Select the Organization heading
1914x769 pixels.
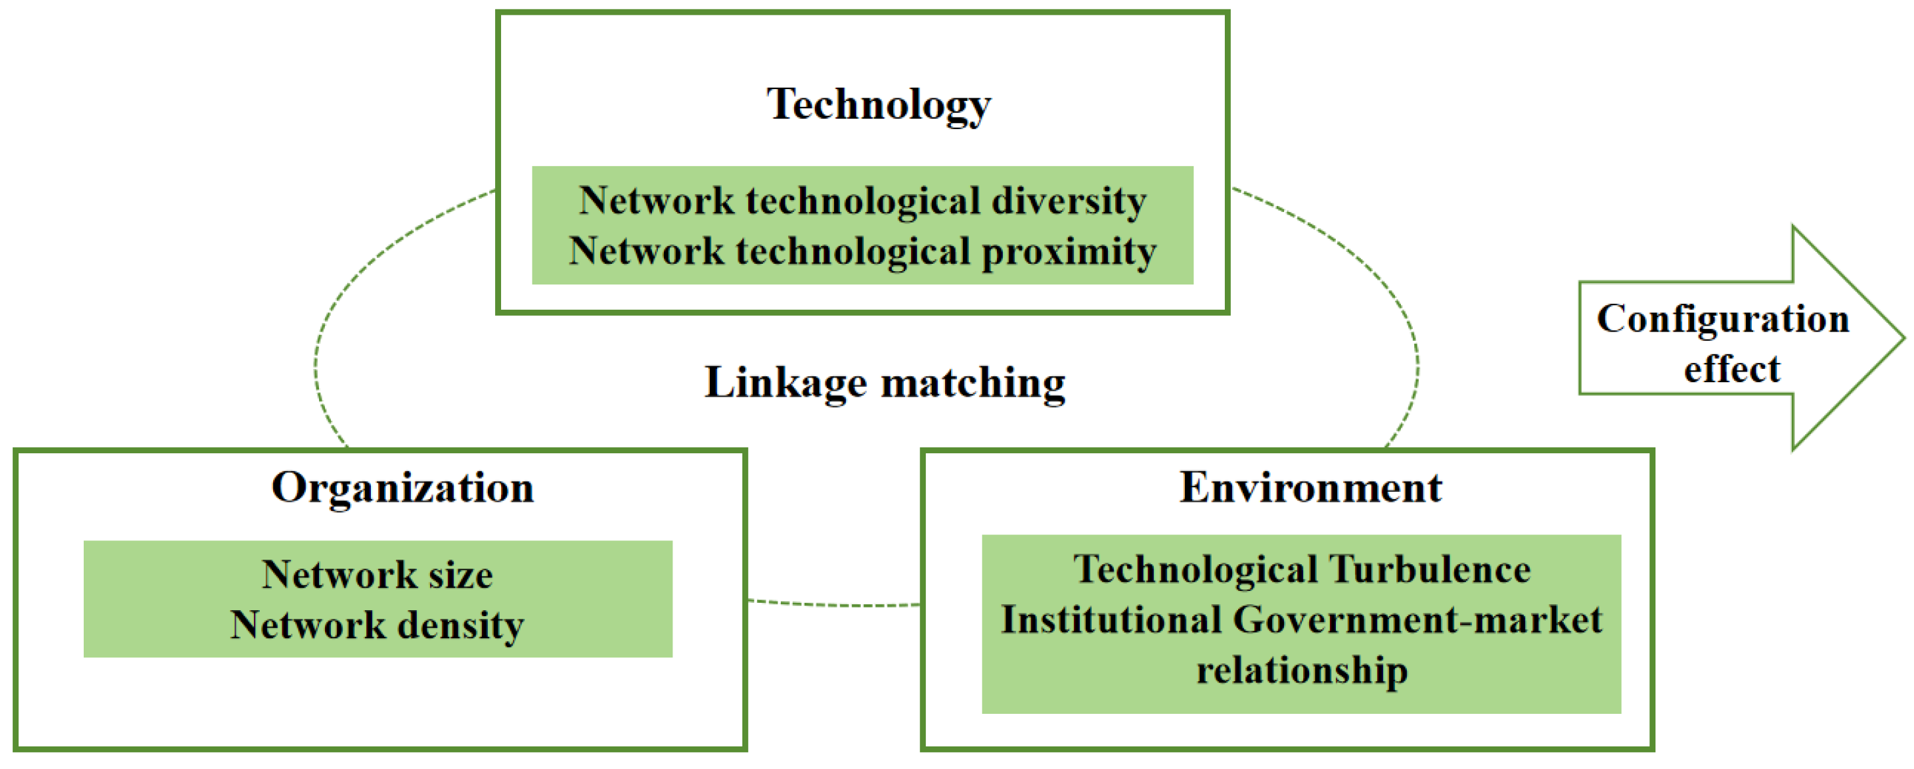(x=402, y=488)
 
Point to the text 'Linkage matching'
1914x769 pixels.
(x=884, y=384)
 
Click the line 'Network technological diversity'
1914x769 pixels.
(x=862, y=201)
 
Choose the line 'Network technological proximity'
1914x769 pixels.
(x=862, y=251)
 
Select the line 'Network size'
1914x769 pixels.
(x=377, y=574)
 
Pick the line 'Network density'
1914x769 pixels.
(x=377, y=625)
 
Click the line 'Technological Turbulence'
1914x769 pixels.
(x=1301, y=570)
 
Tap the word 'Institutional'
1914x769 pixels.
(x=1111, y=620)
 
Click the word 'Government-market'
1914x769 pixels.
(x=1417, y=620)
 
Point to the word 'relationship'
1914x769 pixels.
(x=1301, y=670)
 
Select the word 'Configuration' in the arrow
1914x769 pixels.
(x=1723, y=320)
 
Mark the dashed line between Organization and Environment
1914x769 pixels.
(x=833, y=605)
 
